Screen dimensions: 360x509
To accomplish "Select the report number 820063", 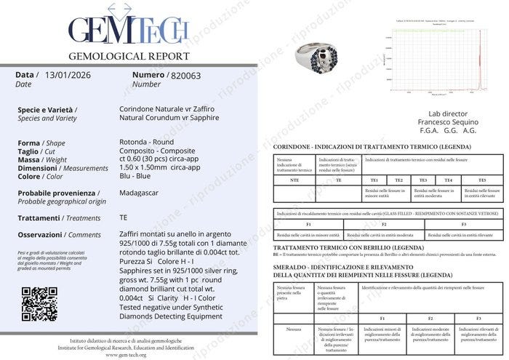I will tap(185, 74).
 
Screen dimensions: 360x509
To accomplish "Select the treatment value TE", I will tap(123, 217).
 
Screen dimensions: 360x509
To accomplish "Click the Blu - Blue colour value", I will tap(135, 176).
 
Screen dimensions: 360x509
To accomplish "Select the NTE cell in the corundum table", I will tap(294, 180).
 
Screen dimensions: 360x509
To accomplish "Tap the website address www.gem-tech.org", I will tap(130, 354).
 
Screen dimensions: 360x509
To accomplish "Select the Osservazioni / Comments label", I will tap(59, 235).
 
